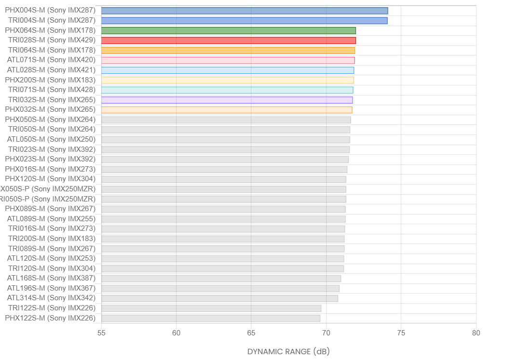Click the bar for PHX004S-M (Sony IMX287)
(245, 11)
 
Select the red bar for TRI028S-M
(229, 40)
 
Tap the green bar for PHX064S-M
(229, 30)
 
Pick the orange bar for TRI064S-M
(228, 50)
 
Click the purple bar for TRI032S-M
(227, 100)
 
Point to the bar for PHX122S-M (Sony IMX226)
(211, 318)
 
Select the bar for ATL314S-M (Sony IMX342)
(219, 298)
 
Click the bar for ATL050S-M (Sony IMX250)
(226, 140)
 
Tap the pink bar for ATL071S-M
(228, 60)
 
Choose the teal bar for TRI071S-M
(227, 90)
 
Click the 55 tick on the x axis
(101, 333)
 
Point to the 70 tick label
(326, 333)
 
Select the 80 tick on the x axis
(476, 333)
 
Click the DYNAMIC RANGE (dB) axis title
(288, 351)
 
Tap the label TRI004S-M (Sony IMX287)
(52, 20)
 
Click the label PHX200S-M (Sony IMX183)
(50, 80)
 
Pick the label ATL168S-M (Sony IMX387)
(51, 278)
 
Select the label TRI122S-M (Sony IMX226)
(52, 308)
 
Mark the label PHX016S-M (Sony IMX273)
(50, 169)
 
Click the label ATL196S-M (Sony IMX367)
(51, 288)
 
